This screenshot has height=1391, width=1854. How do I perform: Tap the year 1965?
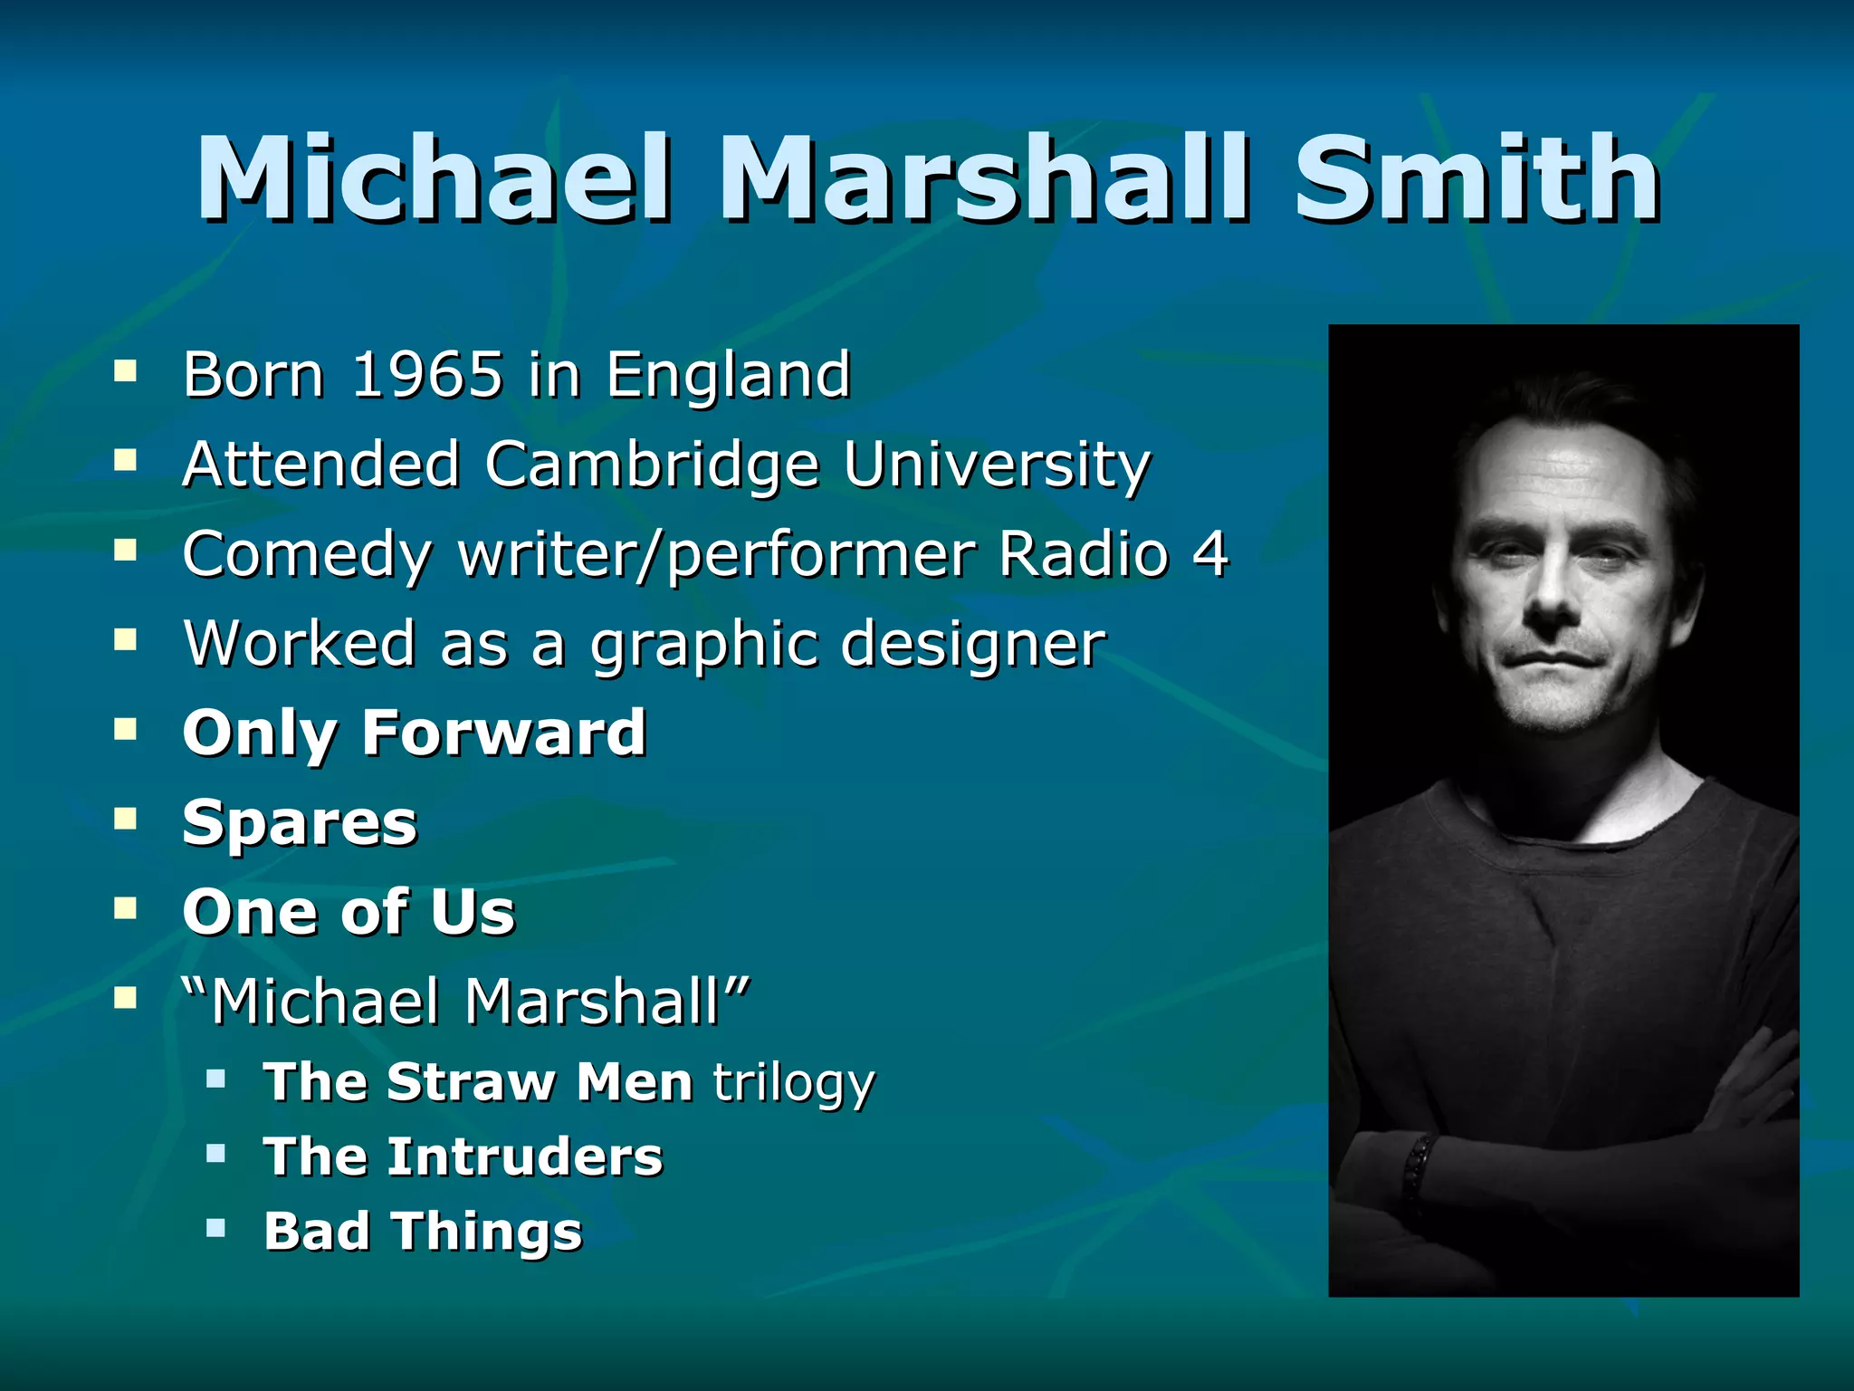[x=426, y=373]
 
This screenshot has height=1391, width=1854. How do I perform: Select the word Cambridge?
[x=651, y=464]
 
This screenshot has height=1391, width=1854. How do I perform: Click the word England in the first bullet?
[x=728, y=373]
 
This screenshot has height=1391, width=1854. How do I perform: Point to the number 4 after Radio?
[x=1209, y=553]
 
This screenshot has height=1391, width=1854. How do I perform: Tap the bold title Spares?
[x=300, y=822]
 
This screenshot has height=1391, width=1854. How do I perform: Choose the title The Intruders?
[x=463, y=1156]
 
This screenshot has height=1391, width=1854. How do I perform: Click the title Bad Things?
[x=423, y=1231]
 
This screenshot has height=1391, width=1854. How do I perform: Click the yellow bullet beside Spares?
[x=125, y=819]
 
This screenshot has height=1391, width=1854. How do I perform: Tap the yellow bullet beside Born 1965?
[x=125, y=370]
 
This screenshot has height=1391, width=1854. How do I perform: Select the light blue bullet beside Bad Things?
[x=215, y=1228]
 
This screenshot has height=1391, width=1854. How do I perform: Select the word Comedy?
[x=306, y=553]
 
